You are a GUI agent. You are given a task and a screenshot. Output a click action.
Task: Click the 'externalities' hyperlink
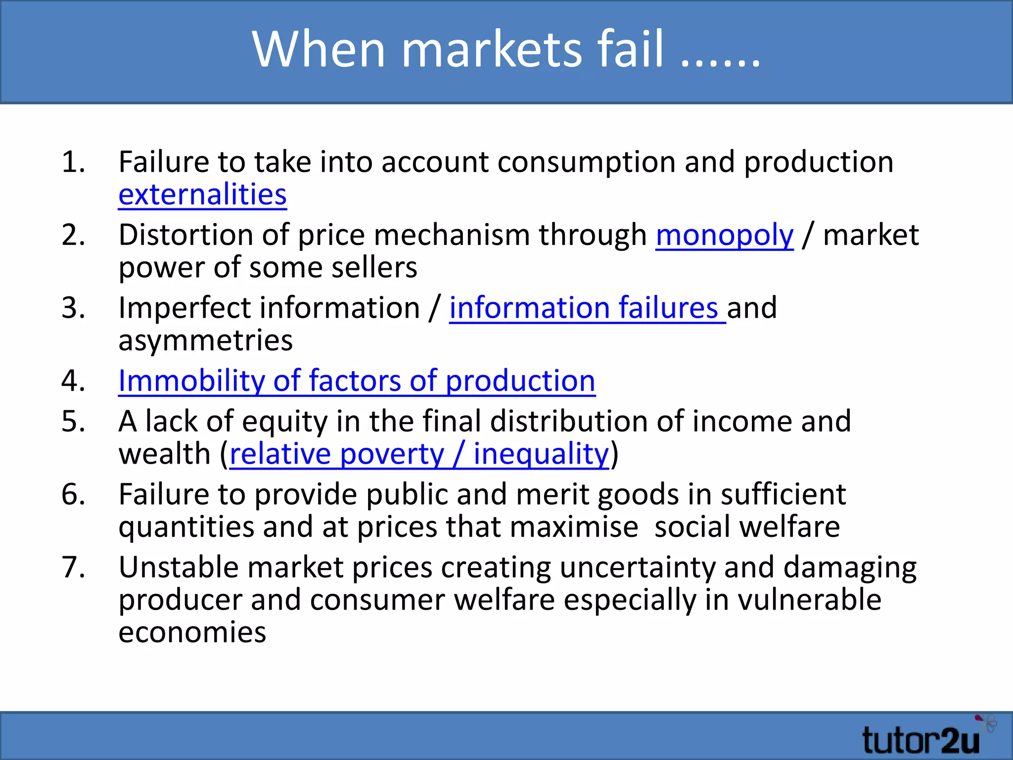(202, 194)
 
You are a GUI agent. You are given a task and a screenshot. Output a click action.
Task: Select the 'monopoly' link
(725, 235)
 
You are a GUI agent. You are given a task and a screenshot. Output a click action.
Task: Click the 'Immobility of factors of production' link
(357, 381)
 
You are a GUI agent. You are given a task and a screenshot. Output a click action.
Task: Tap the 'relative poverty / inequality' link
(419, 454)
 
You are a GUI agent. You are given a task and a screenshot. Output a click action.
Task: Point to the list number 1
(73, 162)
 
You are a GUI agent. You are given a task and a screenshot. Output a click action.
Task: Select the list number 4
(73, 381)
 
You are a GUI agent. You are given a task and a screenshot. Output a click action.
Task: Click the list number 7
(73, 567)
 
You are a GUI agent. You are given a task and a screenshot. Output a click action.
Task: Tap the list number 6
(73, 494)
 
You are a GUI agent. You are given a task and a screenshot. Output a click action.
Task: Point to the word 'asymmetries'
(205, 341)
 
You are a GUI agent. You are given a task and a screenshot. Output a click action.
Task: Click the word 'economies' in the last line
(192, 632)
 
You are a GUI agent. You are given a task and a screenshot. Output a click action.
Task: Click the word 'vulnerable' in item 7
(810, 600)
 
